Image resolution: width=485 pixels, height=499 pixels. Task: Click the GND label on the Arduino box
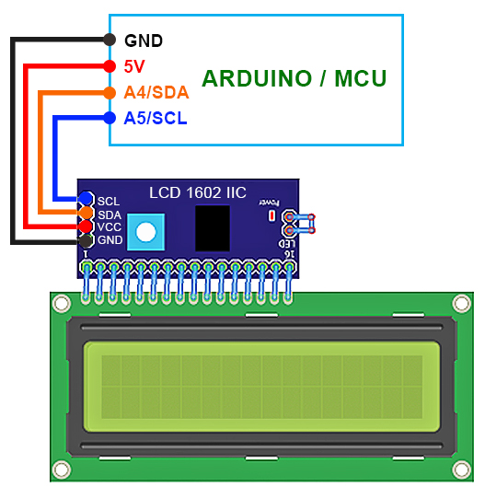tap(144, 41)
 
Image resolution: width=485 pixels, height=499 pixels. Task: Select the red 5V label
tap(134, 66)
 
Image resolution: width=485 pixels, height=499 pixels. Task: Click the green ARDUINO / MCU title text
tap(294, 78)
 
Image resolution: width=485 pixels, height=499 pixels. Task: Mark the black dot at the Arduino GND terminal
tap(110, 40)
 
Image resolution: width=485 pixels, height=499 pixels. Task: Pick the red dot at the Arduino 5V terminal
tap(110, 66)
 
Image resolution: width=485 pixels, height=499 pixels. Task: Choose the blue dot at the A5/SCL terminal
tap(110, 118)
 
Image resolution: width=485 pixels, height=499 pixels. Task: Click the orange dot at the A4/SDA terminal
tap(110, 92)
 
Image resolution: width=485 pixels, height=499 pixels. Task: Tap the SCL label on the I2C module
tap(109, 200)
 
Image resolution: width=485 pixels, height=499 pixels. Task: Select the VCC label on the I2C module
tap(110, 226)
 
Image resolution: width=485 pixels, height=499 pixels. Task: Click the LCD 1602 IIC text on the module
tap(198, 192)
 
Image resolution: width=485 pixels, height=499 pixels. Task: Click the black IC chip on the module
tap(213, 227)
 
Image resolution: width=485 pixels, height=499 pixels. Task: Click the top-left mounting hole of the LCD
tap(62, 302)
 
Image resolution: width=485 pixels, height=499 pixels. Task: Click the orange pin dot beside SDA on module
tap(86, 213)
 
